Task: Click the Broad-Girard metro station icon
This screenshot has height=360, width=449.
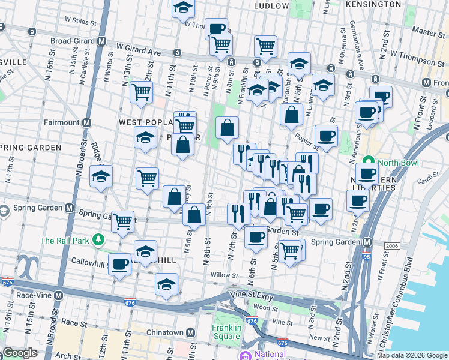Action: pos(102,41)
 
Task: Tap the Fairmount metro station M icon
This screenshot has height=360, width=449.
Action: pos(87,122)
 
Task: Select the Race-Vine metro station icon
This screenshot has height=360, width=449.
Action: pos(58,295)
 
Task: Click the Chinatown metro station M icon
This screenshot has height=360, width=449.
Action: pos(190,332)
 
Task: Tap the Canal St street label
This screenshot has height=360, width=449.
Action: pos(428,179)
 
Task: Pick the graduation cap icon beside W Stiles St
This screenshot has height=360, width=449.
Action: pos(182,8)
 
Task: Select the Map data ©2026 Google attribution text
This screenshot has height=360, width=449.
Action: pos(412,355)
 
